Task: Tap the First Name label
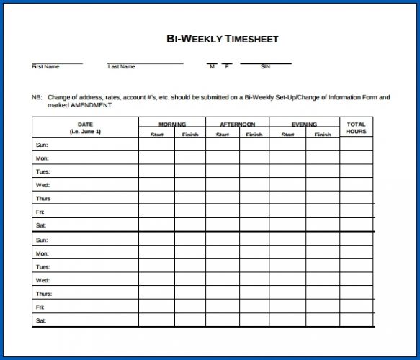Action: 45,67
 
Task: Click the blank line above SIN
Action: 265,63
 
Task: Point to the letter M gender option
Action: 212,67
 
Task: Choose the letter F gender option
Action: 226,67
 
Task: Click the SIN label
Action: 265,67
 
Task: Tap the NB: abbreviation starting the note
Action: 37,97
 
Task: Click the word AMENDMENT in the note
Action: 92,105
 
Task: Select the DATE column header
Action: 85,125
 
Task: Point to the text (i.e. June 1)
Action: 85,132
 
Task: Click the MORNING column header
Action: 172,125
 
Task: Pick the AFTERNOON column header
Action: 238,125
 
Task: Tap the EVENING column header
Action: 304,125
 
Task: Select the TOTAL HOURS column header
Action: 356,128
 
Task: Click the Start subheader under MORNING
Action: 157,135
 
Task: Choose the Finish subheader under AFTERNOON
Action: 254,135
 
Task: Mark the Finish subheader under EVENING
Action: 322,135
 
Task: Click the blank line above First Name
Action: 57,63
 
